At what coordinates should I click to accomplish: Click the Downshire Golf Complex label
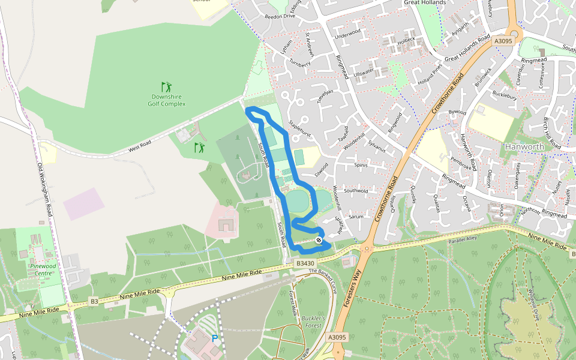click(166, 100)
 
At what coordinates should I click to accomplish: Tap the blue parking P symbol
click(214, 339)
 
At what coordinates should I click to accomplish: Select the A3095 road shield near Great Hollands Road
click(502, 41)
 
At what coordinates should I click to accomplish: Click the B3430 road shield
click(304, 263)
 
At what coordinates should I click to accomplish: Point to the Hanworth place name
click(524, 146)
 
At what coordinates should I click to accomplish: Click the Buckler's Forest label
click(313, 322)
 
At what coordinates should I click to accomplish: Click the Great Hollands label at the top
click(425, 3)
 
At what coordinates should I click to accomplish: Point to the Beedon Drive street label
click(280, 16)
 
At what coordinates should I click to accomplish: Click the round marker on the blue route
click(319, 240)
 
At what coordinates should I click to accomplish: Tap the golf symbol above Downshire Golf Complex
click(166, 87)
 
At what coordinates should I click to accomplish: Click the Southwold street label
click(355, 191)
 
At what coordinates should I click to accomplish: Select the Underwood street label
click(348, 34)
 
